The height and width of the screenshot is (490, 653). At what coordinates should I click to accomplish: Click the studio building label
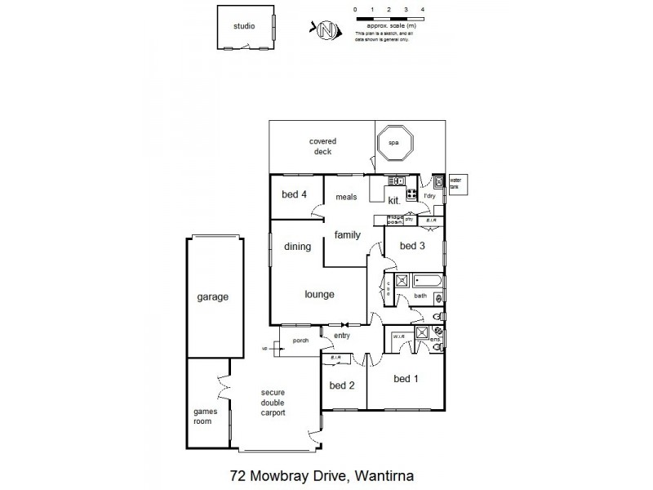coord(244,26)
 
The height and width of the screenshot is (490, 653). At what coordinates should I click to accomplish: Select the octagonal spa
coord(394,144)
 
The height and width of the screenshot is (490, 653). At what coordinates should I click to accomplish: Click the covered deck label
coord(322,146)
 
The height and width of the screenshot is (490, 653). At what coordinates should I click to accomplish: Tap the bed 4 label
coord(294,194)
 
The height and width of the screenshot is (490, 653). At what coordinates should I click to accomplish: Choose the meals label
coord(347,197)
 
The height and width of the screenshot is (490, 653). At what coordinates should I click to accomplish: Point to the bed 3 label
coord(412,245)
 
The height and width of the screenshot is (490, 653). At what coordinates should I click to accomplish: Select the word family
coord(347,235)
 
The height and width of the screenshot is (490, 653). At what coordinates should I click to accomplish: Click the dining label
coord(297,246)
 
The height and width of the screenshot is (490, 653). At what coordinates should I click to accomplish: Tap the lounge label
coord(319,295)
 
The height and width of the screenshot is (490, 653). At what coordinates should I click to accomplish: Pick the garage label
coord(212,297)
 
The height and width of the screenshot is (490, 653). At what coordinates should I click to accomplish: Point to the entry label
coord(342,335)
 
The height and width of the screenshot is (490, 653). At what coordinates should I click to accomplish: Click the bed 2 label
coord(342,385)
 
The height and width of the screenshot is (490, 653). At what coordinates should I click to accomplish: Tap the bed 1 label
coord(406,378)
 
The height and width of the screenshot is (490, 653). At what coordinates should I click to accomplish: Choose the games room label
coord(202,416)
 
